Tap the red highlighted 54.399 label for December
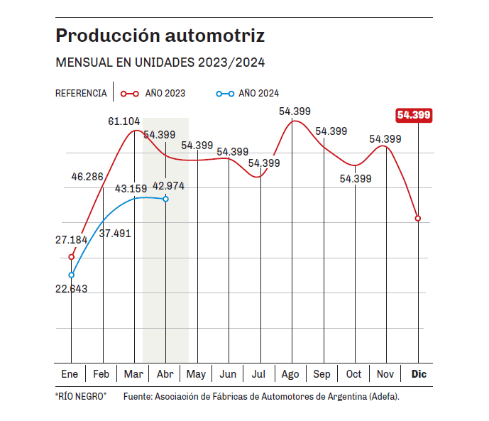click(x=414, y=115)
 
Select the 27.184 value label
click(x=72, y=240)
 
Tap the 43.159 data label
click(x=130, y=189)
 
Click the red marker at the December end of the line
click(x=418, y=218)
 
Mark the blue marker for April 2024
click(x=165, y=199)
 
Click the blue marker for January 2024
click(x=72, y=275)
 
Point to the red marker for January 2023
click(x=72, y=256)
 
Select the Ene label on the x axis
click(x=70, y=374)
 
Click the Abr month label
click(x=165, y=374)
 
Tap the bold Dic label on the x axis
click(x=419, y=374)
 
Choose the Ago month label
click(x=290, y=374)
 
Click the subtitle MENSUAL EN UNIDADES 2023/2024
click(x=160, y=62)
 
